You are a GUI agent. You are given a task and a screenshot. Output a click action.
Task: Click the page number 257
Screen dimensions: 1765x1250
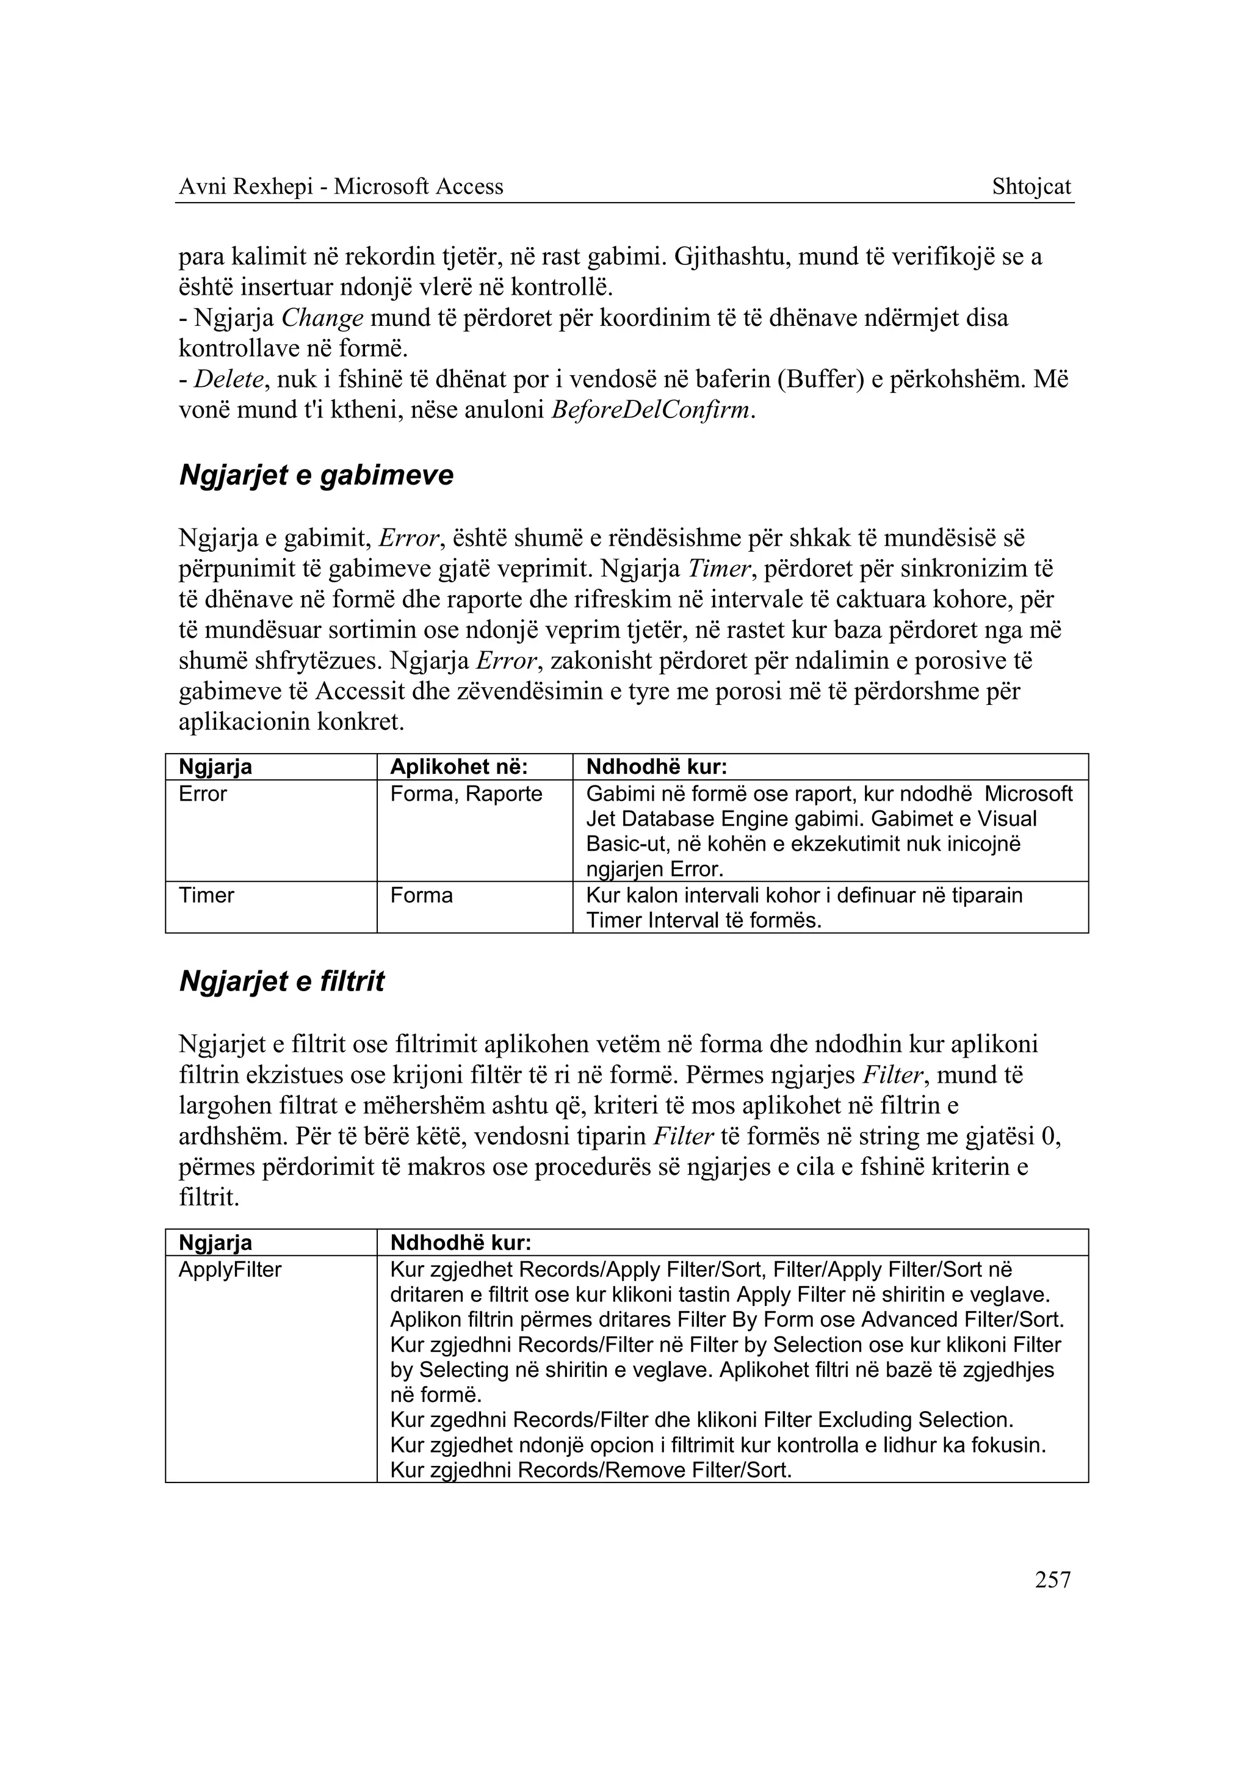[x=1052, y=1579]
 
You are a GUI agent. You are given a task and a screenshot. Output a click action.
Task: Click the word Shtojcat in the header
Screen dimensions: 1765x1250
[x=1031, y=186]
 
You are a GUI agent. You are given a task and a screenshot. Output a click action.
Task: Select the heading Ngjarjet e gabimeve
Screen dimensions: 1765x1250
[x=316, y=475]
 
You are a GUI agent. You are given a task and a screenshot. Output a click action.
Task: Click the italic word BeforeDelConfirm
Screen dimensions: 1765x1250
[x=651, y=410]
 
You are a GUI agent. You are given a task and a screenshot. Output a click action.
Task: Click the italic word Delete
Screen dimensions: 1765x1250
[x=228, y=380]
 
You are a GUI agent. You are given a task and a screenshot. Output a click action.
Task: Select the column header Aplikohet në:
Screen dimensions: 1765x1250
[x=458, y=767]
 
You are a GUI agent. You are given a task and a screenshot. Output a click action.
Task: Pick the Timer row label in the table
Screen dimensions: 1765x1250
[x=206, y=895]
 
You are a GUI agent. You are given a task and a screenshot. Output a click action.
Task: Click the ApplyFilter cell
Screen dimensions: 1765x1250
[x=229, y=1269]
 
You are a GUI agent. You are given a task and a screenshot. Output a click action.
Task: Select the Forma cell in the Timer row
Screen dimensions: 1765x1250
[x=421, y=895]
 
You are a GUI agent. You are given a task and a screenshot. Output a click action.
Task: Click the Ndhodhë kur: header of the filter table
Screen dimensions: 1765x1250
[x=461, y=1243]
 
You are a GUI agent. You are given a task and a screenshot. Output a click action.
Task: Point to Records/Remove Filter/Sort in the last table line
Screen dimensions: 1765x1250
[x=654, y=1470]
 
